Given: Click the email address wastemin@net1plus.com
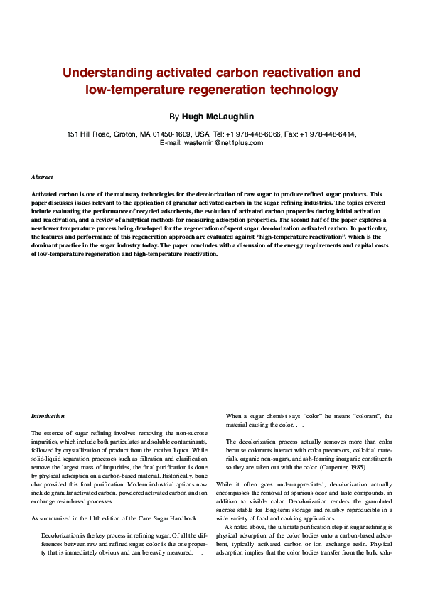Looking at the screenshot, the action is point(223,142).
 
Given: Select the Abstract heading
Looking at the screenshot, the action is point(42,176).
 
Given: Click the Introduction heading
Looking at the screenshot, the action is point(48,416).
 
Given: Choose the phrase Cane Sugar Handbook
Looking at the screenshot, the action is point(160,518).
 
